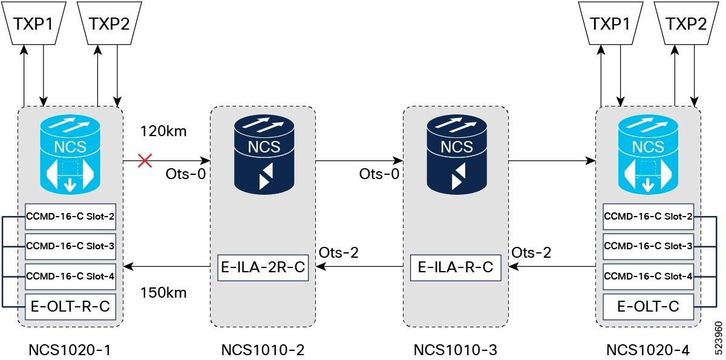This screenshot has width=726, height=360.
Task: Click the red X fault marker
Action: [x=145, y=161]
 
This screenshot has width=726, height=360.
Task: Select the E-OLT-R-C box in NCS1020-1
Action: [x=70, y=307]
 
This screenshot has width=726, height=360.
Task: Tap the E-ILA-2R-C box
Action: [x=263, y=267]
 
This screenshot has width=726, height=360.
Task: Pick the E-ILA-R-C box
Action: [x=456, y=267]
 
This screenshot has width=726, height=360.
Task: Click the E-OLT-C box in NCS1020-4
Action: [x=648, y=307]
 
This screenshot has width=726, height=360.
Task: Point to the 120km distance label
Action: [x=163, y=131]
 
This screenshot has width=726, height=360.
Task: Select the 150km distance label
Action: [x=163, y=293]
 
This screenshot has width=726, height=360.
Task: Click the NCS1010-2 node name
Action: [x=263, y=349]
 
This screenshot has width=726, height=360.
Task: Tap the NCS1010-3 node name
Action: [x=455, y=349]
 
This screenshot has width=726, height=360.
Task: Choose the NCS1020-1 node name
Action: [x=70, y=349]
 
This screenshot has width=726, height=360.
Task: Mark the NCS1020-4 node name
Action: [x=648, y=349]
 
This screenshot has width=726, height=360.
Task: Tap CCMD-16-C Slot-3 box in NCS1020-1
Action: [x=70, y=246]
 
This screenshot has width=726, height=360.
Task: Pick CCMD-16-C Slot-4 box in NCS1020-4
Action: [x=648, y=276]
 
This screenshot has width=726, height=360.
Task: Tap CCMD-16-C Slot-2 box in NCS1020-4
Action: [x=648, y=216]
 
